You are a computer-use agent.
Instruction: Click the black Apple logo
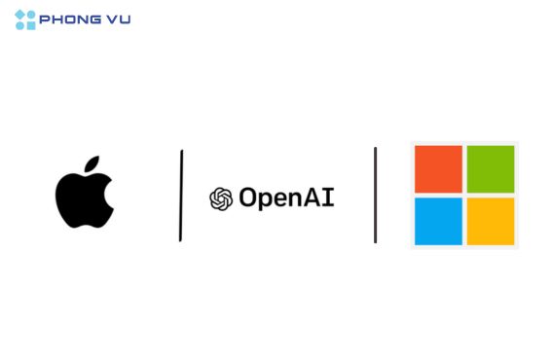click(x=84, y=198)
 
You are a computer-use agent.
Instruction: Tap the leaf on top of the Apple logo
click(x=92, y=163)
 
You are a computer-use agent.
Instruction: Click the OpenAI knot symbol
click(x=221, y=198)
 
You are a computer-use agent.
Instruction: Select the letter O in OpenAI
click(x=248, y=198)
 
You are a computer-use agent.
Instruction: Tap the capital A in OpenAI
click(x=313, y=198)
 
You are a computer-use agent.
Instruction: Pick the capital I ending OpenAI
click(x=328, y=198)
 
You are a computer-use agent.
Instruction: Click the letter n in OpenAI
click(x=296, y=199)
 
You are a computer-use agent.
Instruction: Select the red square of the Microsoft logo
click(x=438, y=169)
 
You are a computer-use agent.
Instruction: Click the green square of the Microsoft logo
click(x=491, y=169)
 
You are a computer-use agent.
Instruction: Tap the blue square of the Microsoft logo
click(x=438, y=221)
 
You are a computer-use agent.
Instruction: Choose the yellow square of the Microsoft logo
click(x=491, y=221)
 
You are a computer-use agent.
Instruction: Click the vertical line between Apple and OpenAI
click(x=181, y=196)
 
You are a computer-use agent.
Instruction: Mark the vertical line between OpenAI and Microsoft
click(x=375, y=195)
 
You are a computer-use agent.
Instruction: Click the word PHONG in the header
click(x=70, y=19)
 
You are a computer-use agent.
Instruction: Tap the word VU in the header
click(x=119, y=19)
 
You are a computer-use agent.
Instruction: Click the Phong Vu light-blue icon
click(x=25, y=20)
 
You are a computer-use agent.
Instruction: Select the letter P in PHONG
click(x=45, y=19)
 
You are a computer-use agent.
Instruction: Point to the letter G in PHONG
click(x=95, y=19)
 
